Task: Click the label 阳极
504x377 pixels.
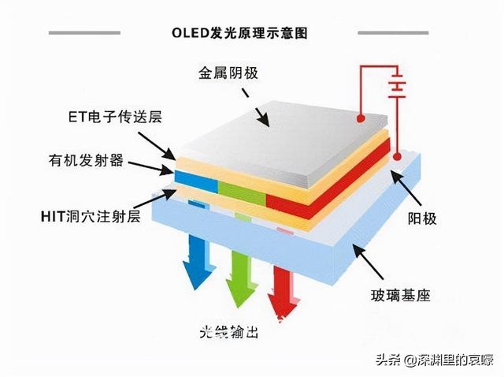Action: pyautogui.click(x=422, y=217)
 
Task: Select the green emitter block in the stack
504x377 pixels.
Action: pyautogui.click(x=241, y=192)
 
